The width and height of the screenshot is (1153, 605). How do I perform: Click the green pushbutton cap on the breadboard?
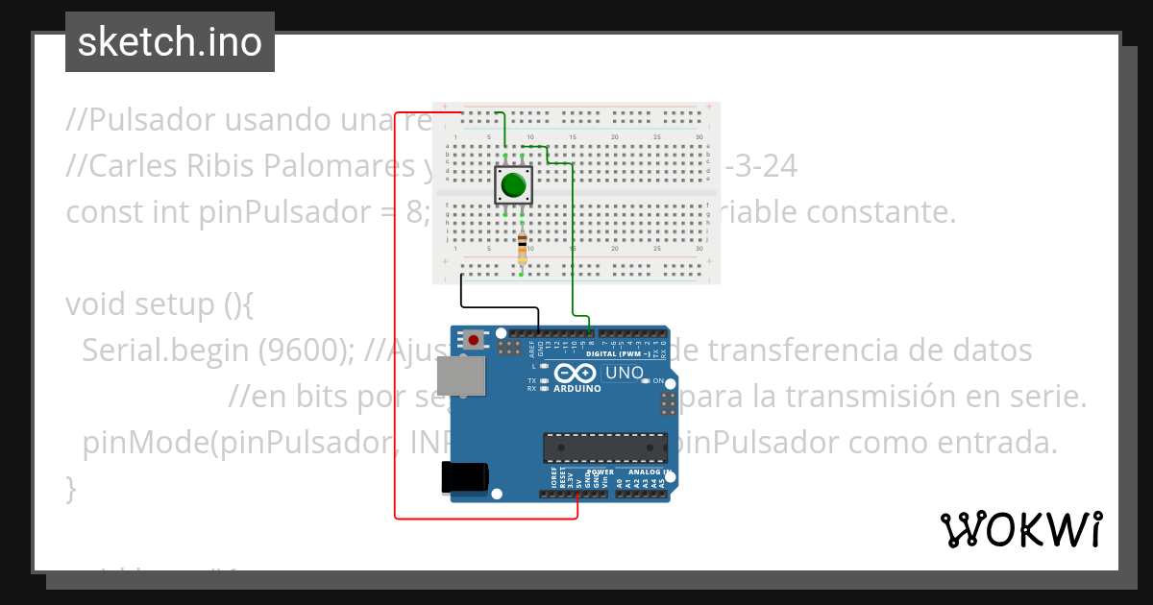point(514,184)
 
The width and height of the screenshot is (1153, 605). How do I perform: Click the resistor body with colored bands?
point(522,246)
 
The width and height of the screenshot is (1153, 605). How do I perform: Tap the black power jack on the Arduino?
point(464,478)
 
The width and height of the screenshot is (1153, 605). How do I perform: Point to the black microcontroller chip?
point(604,447)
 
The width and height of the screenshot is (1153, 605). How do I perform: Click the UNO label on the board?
point(625,373)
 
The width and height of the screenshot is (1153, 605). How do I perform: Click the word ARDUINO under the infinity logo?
point(577,389)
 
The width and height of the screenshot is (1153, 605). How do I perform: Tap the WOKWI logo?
point(1020,529)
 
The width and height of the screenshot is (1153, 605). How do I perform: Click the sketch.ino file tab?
point(170,42)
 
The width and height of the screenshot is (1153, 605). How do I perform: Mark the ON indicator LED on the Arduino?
point(646,381)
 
